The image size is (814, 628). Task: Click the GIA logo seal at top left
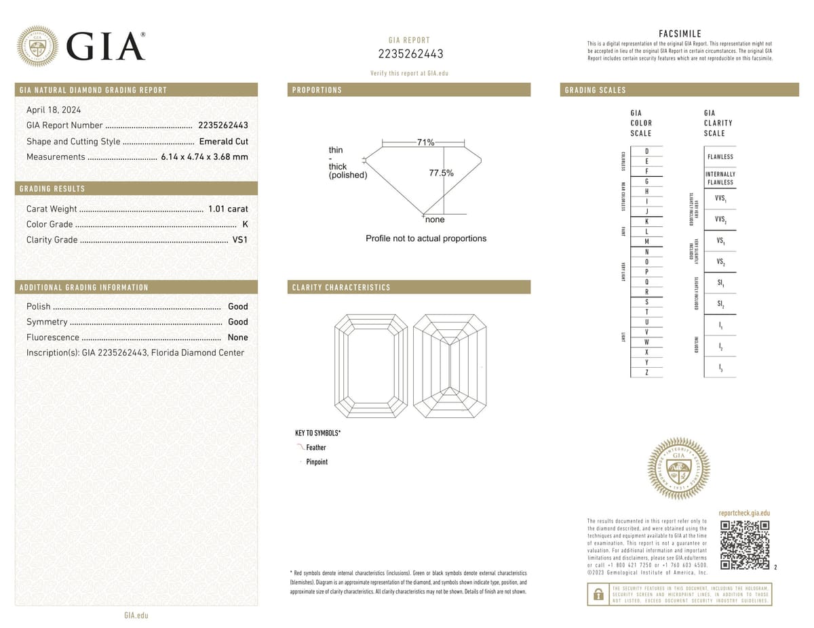[37, 46]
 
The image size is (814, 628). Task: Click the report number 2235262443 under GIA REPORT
[410, 54]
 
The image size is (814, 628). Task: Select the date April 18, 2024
[53, 110]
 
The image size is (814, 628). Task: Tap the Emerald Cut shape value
[223, 142]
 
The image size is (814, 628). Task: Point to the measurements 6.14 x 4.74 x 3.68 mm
[204, 157]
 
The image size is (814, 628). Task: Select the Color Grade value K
[244, 224]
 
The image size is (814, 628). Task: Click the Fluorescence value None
[237, 337]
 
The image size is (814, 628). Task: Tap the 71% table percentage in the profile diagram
[425, 142]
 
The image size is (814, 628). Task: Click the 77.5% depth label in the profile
[441, 173]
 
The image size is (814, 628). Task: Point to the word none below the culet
[435, 220]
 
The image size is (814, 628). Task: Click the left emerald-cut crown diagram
[372, 367]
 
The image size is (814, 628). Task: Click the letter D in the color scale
[647, 151]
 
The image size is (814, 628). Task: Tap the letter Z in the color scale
[647, 373]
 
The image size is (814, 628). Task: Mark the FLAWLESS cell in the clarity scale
[720, 156]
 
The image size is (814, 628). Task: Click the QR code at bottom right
[744, 545]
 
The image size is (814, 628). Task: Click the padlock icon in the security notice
[598, 595]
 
